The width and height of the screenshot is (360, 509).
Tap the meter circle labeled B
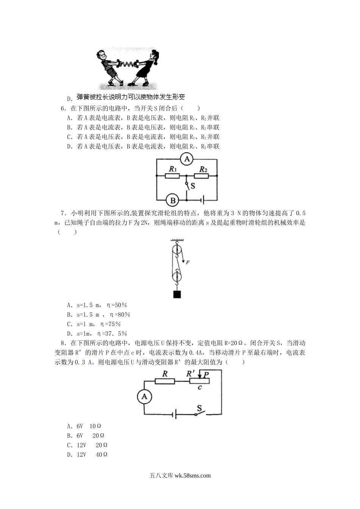pos(172,200)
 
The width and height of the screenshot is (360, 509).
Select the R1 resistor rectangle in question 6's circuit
pos(172,176)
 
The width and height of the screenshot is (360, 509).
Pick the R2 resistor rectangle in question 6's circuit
pos(201,176)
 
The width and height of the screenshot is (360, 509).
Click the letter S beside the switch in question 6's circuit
pos(193,186)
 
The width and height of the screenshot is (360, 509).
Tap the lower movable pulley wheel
pos(177,277)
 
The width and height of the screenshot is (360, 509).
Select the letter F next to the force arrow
pos(188,262)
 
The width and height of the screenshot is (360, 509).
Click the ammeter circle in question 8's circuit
pos(144,397)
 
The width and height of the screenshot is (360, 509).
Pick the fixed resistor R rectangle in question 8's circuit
pos(165,381)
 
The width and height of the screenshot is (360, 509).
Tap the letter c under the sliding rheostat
pos(199,387)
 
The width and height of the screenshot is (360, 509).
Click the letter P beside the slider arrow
pos(206,375)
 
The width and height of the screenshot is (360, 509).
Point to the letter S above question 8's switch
pos(199,408)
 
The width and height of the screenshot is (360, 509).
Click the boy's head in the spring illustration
pos(101,55)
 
